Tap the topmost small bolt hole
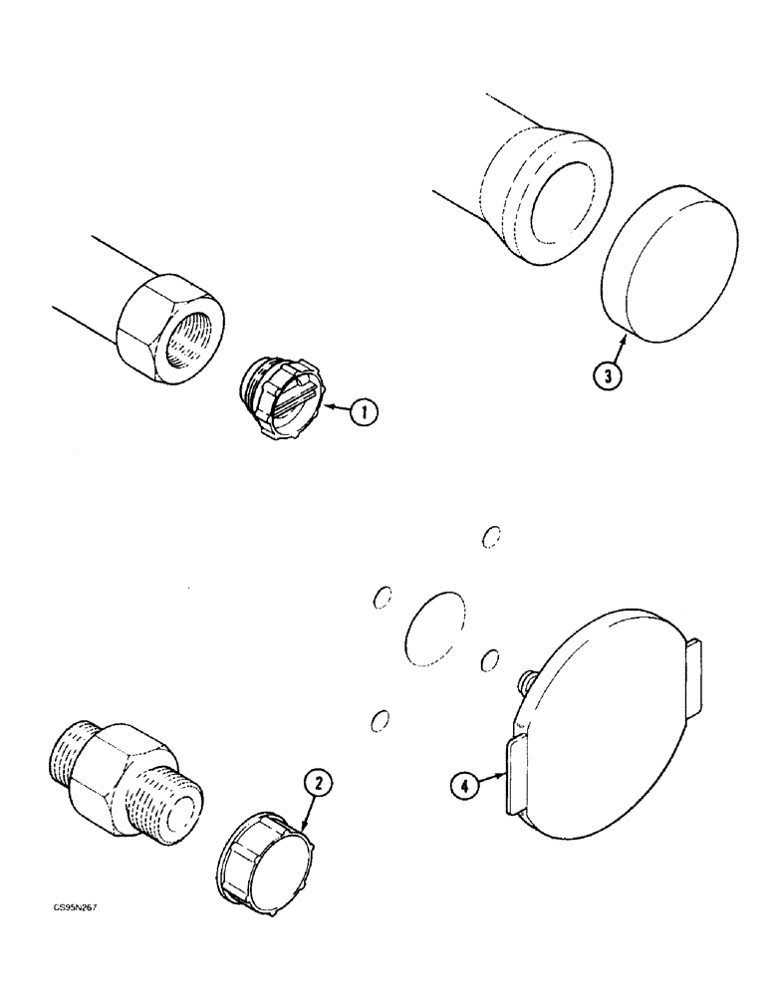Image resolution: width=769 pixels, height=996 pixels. click(489, 538)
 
